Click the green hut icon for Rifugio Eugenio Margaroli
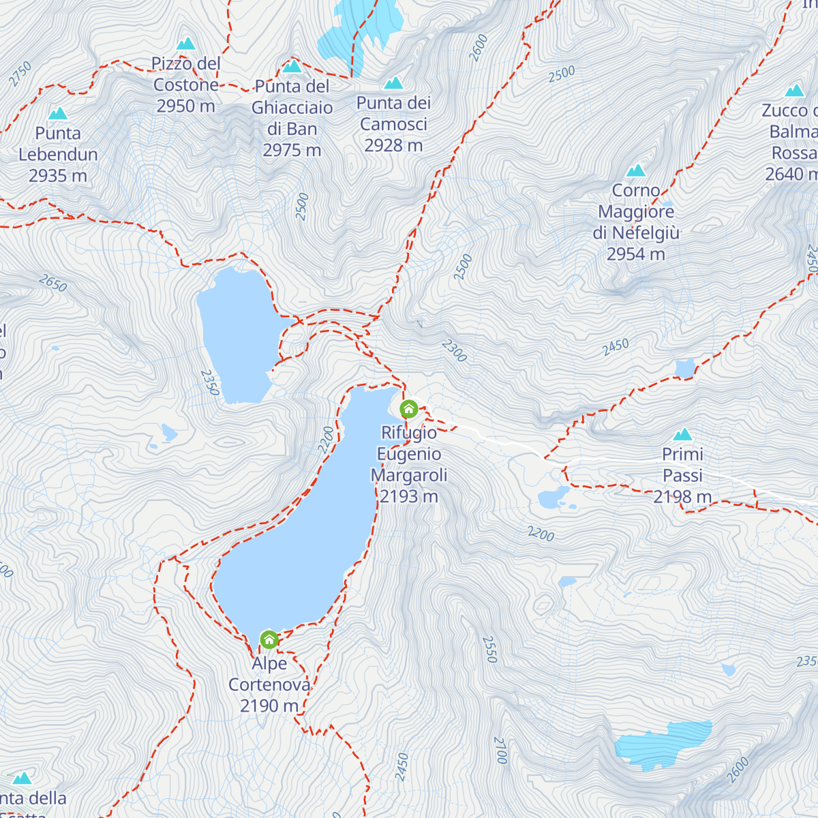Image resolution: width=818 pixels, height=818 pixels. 408,409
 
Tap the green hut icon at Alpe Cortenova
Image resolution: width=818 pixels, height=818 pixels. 269,639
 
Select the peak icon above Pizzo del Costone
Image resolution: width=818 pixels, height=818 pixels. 186,44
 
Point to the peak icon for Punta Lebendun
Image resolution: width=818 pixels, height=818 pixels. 58,114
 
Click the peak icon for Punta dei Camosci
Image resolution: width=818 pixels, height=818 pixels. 393,83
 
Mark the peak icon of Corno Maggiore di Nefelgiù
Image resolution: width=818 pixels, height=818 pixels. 636,170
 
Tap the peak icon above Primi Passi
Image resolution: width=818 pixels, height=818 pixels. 682,435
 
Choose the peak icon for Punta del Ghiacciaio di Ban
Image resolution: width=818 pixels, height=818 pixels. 292,67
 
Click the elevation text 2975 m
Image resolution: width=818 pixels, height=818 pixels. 292,150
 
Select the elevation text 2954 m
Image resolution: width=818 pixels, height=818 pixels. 636,254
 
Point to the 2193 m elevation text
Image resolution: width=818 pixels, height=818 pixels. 408,496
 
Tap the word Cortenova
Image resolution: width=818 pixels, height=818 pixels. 269,684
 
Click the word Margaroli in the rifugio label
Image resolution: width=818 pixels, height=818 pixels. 409,475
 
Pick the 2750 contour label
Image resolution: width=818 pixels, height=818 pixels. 20,74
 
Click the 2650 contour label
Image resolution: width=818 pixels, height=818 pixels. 52,283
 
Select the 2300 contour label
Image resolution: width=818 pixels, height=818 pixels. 454,350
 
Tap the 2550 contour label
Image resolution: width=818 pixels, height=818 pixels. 489,650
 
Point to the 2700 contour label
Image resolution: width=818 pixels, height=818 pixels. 500,751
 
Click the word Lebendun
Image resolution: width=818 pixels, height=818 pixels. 58,155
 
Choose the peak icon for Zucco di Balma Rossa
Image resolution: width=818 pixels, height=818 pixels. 794,91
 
